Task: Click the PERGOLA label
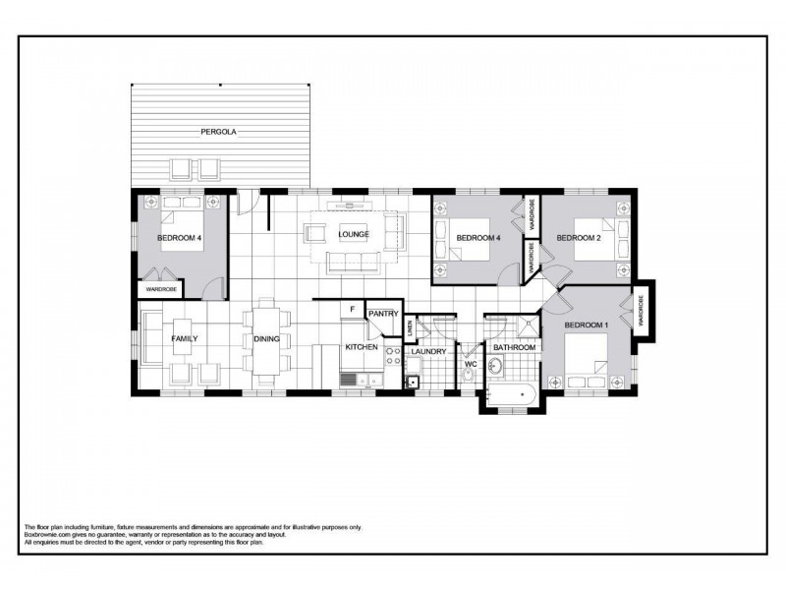point(219,131)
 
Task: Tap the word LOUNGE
point(354,234)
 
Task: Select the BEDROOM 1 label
point(586,324)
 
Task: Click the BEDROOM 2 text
point(578,238)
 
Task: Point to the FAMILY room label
point(185,338)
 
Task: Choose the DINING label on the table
point(266,338)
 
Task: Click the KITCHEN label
point(361,348)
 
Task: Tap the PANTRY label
point(382,314)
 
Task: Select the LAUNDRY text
point(428,351)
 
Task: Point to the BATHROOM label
point(514,348)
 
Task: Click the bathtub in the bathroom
point(509,395)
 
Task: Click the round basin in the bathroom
point(496,366)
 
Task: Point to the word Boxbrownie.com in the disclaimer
point(49,535)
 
